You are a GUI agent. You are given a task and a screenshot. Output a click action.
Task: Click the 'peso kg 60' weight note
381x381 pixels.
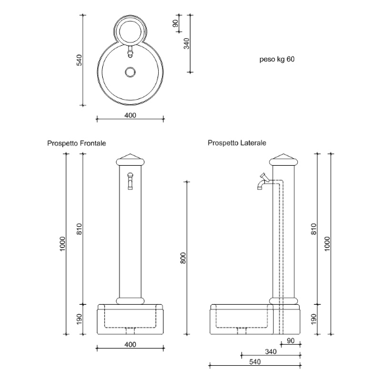coord(277,59)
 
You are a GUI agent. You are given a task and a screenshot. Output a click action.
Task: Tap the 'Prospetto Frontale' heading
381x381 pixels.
coord(77,143)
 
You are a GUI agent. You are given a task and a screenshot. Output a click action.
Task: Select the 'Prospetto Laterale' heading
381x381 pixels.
coord(237,143)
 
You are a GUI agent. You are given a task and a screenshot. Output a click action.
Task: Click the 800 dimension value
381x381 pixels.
coord(184,258)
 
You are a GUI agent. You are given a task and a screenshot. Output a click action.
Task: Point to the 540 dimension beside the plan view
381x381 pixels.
coord(79,60)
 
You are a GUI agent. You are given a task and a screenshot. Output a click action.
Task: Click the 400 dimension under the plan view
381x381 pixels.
coord(130,115)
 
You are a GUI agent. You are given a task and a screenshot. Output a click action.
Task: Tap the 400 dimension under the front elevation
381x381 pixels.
coord(130,344)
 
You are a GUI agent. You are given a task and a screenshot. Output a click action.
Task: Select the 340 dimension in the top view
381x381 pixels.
coord(186,43)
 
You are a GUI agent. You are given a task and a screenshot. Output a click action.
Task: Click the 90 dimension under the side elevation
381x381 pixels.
coord(291,340)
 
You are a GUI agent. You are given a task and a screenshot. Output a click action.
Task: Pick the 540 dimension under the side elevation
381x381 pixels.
coord(255,362)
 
